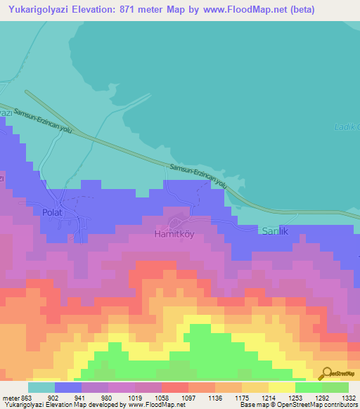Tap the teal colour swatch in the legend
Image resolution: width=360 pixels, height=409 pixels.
(41, 387)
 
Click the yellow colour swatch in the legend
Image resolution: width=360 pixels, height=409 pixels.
(282, 387)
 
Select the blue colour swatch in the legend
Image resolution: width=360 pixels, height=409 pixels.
(68, 387)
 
